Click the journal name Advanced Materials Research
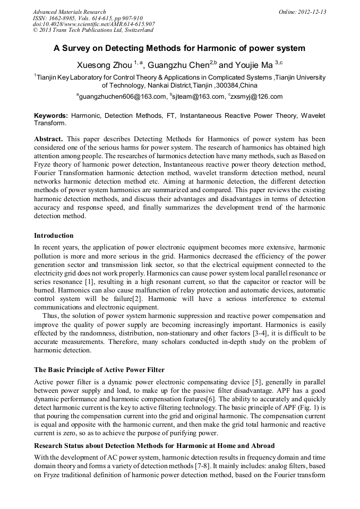pos(69,12)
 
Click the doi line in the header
pos(93,24)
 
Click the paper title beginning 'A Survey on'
pos(179,48)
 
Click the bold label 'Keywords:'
pos(51,115)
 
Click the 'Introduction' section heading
pos(54,235)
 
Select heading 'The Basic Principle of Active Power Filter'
pos(99,369)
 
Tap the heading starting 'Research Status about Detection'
pos(154,446)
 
